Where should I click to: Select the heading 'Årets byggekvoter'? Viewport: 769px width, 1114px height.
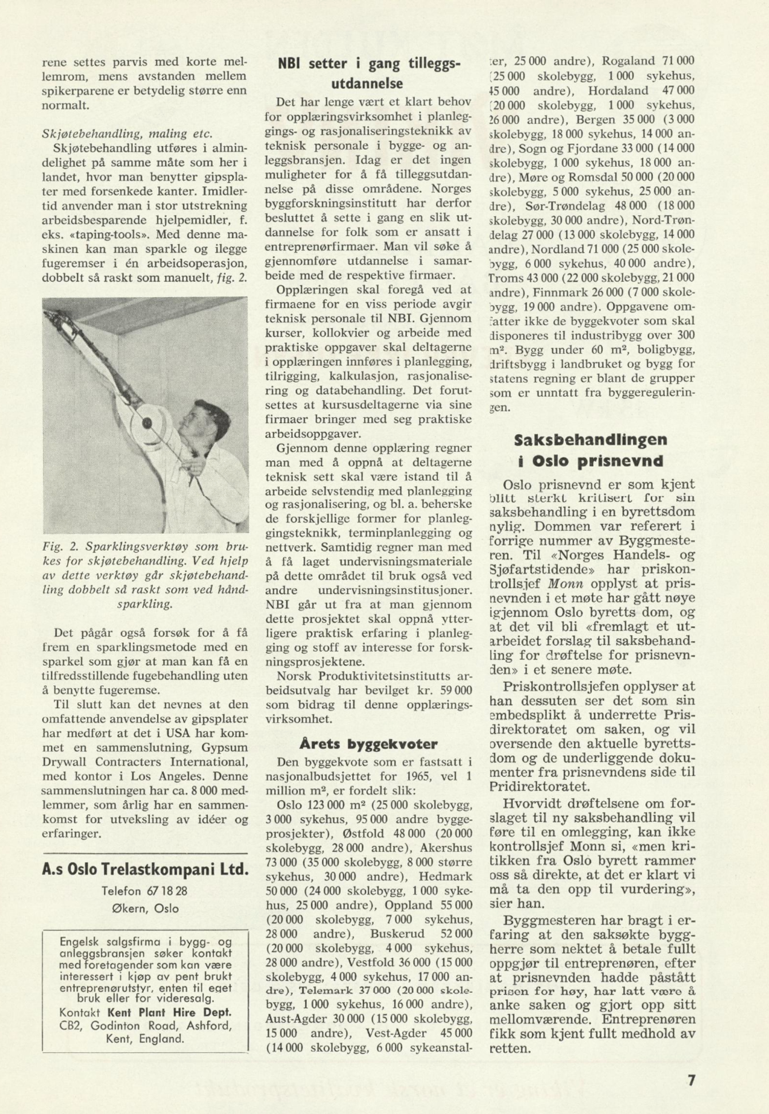coord(369,744)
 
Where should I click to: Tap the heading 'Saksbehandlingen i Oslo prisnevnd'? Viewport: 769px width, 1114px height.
coord(591,451)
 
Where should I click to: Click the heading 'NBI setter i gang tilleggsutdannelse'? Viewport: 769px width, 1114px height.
coord(369,73)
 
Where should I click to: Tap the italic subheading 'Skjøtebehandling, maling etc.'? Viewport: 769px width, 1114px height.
coord(127,134)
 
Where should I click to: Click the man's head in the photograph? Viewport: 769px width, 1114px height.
coord(202,422)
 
